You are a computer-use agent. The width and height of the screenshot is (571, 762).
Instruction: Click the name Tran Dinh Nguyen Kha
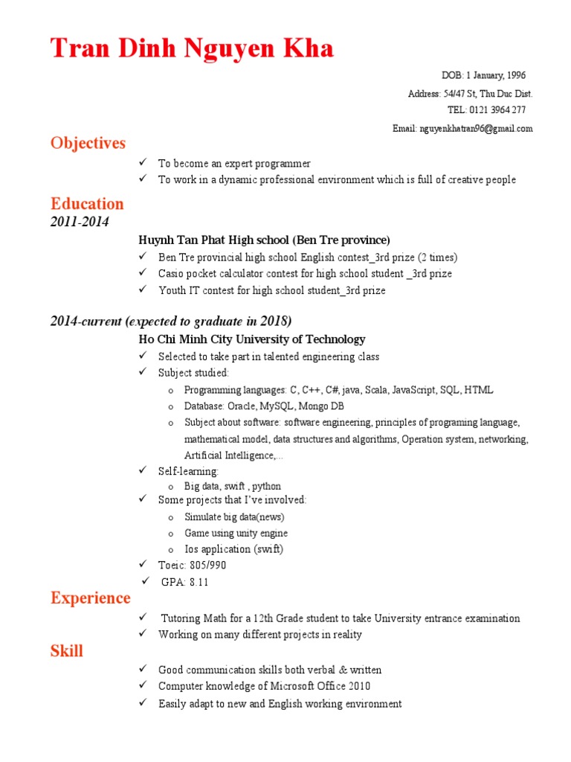(192, 48)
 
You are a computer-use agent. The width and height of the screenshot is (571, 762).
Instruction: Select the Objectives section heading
(88, 143)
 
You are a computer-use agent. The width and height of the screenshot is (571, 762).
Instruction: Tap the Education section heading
(87, 204)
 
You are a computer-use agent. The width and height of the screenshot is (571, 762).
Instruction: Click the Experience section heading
(90, 598)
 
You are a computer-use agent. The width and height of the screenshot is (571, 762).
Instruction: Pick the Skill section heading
(67, 652)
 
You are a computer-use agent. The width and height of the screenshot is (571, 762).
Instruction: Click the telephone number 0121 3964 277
(497, 110)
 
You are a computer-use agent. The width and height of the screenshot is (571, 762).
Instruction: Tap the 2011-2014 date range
(80, 222)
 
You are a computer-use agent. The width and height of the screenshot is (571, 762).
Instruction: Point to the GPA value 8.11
(199, 583)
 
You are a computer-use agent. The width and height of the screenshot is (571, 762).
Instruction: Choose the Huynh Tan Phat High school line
(264, 240)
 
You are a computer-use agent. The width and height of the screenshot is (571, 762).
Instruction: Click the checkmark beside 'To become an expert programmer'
(143, 162)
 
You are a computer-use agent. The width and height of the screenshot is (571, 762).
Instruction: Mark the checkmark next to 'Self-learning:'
(143, 471)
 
